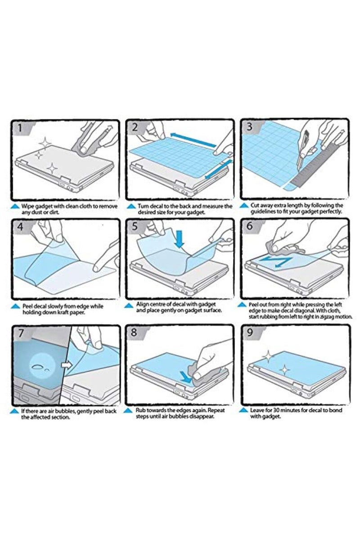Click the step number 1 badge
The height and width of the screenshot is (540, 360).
tap(21, 127)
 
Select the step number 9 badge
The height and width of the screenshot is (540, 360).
tap(251, 333)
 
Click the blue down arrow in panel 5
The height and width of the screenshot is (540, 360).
tap(179, 239)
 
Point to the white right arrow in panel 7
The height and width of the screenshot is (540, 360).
tap(67, 364)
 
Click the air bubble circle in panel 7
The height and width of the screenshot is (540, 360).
tap(43, 366)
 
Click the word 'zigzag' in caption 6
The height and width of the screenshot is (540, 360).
tap(325, 317)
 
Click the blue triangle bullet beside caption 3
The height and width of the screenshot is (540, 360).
tap(244, 206)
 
